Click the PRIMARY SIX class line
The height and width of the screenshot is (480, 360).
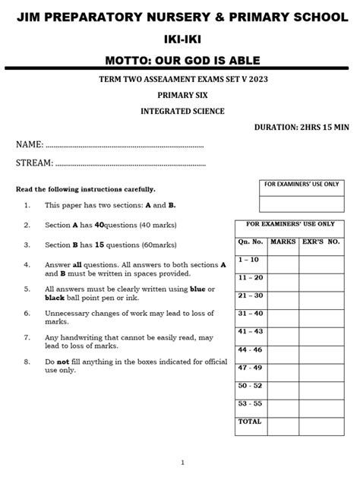180,96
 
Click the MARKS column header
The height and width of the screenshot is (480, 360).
283,241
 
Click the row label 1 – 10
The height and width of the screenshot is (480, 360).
249,259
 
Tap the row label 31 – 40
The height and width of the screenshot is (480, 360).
250,313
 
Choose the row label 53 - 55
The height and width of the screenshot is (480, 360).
250,403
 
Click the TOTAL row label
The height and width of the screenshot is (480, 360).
250,422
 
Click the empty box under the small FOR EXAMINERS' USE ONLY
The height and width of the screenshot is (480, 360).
301,204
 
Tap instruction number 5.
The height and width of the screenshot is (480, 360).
27,289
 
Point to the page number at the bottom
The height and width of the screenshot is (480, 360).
182,463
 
